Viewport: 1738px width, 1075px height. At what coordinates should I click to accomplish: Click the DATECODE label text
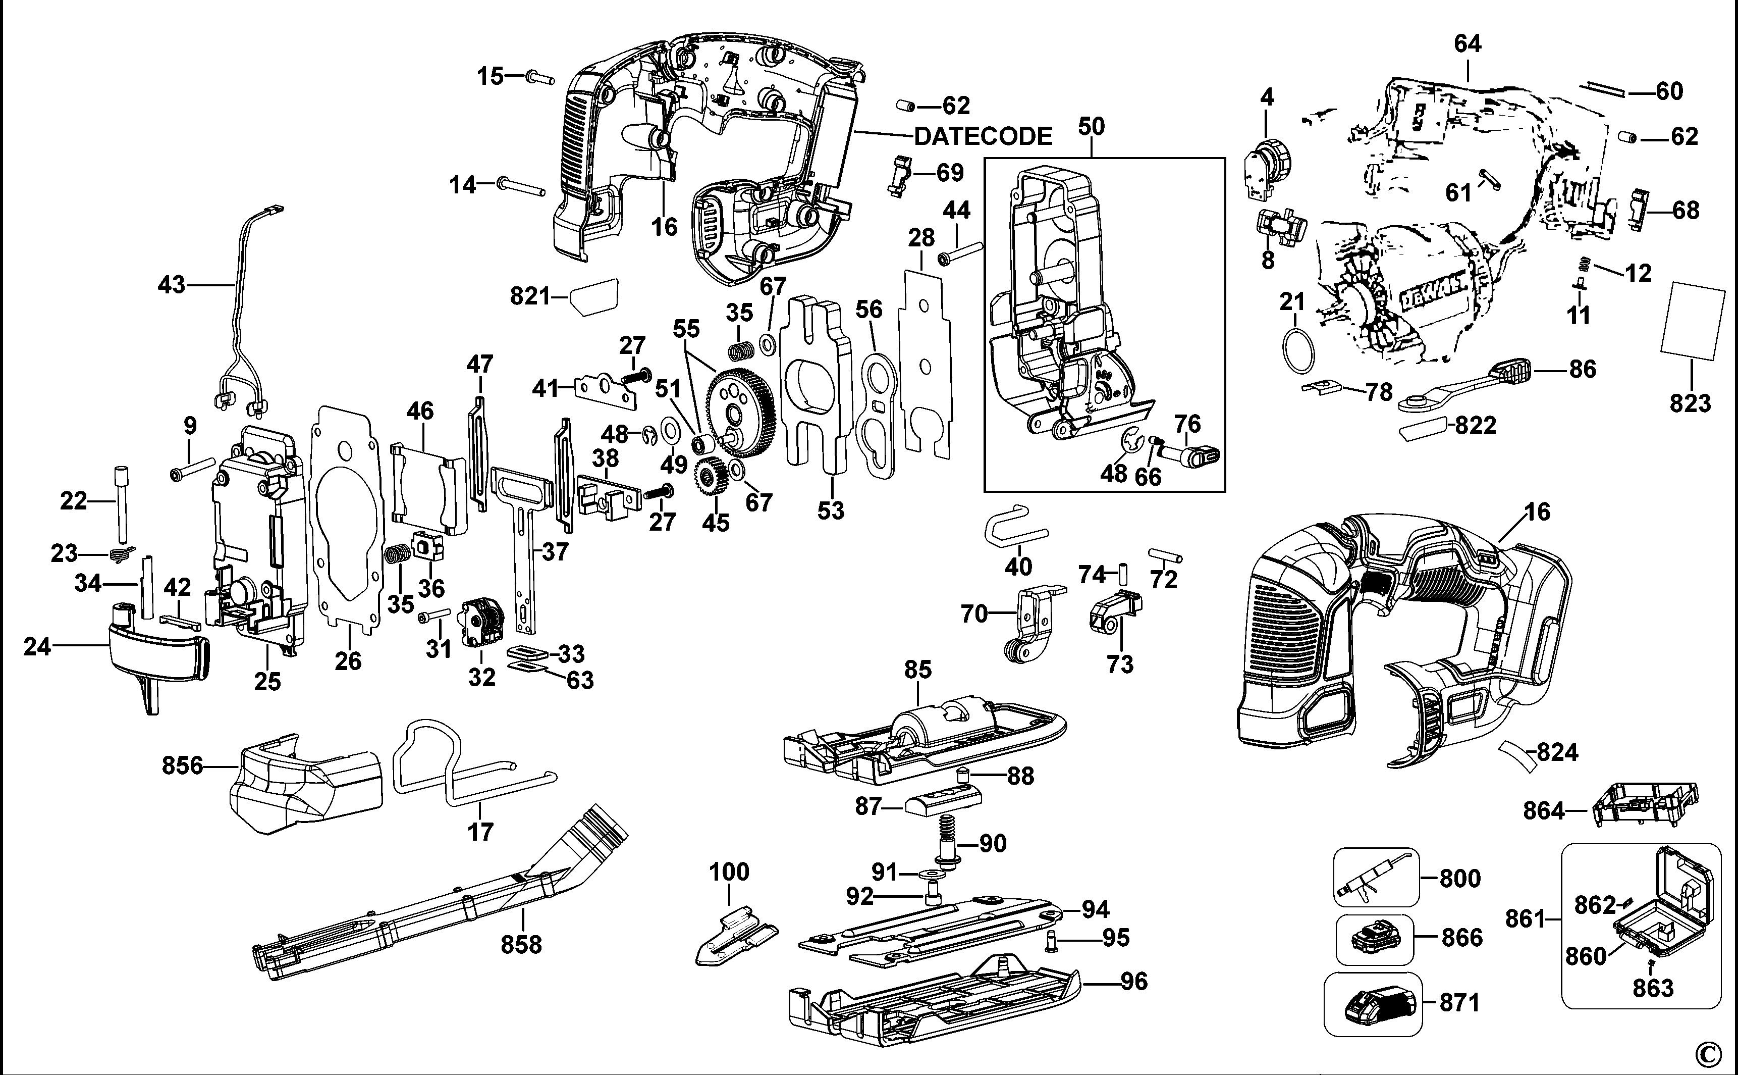pyautogui.click(x=983, y=136)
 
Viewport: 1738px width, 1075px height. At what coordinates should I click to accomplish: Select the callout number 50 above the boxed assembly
pyautogui.click(x=1092, y=127)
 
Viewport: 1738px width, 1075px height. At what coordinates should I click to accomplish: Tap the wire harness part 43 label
pyautogui.click(x=171, y=285)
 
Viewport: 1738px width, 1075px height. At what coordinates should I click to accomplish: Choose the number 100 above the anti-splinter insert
pyautogui.click(x=729, y=872)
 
